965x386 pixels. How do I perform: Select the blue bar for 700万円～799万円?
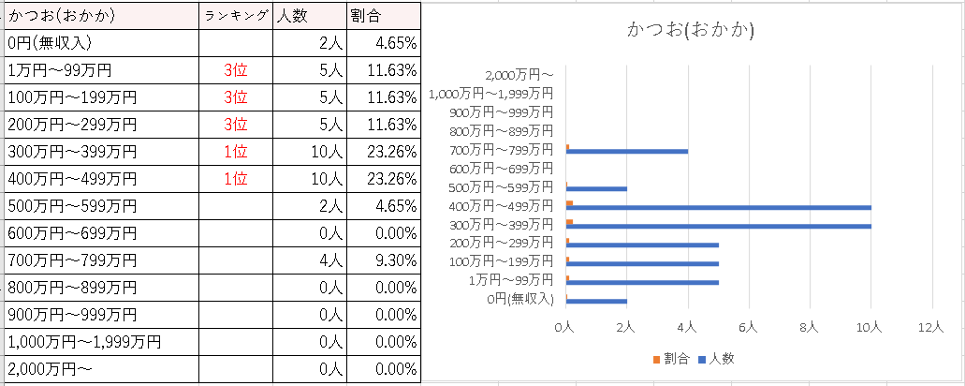627,151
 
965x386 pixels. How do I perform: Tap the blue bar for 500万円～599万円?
596,188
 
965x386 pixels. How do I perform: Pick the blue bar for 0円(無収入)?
596,301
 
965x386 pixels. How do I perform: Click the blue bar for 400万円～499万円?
719,207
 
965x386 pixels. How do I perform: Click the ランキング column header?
235,16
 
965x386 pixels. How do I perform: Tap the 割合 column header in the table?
383,16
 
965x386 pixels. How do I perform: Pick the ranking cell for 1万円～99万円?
235,69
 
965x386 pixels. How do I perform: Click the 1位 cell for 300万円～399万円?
235,151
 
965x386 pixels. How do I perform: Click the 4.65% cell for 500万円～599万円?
383,205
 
